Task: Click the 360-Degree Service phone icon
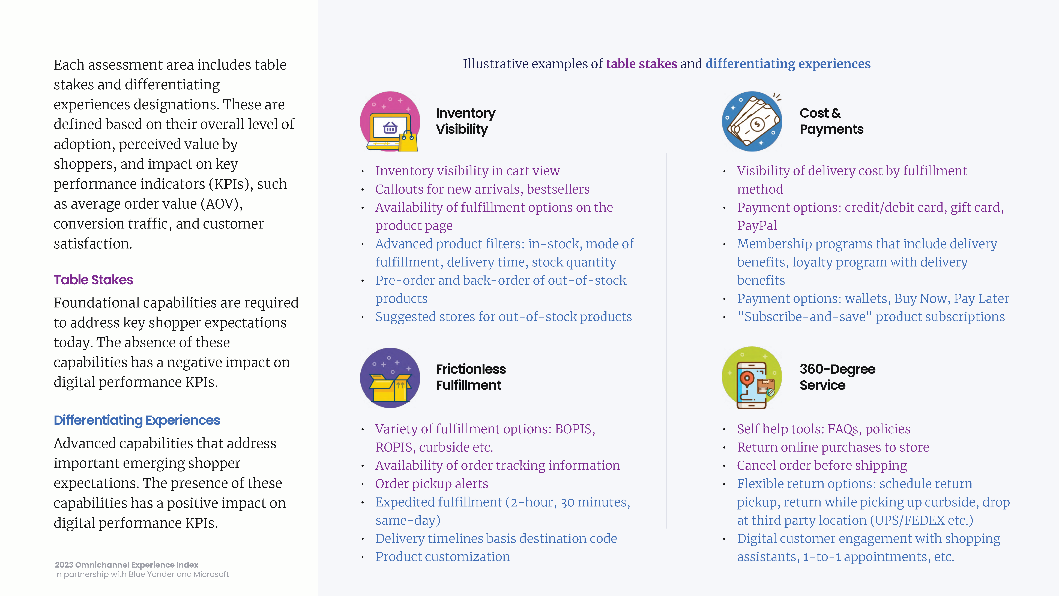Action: click(x=752, y=378)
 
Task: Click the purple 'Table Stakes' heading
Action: click(x=93, y=280)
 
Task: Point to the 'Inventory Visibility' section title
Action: click(x=465, y=121)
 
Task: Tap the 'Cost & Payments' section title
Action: click(x=831, y=121)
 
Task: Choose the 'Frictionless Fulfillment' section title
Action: click(x=471, y=377)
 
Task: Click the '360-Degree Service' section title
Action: click(x=837, y=377)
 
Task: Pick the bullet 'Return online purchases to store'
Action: click(x=833, y=447)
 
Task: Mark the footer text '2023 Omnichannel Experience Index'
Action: click(x=127, y=565)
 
